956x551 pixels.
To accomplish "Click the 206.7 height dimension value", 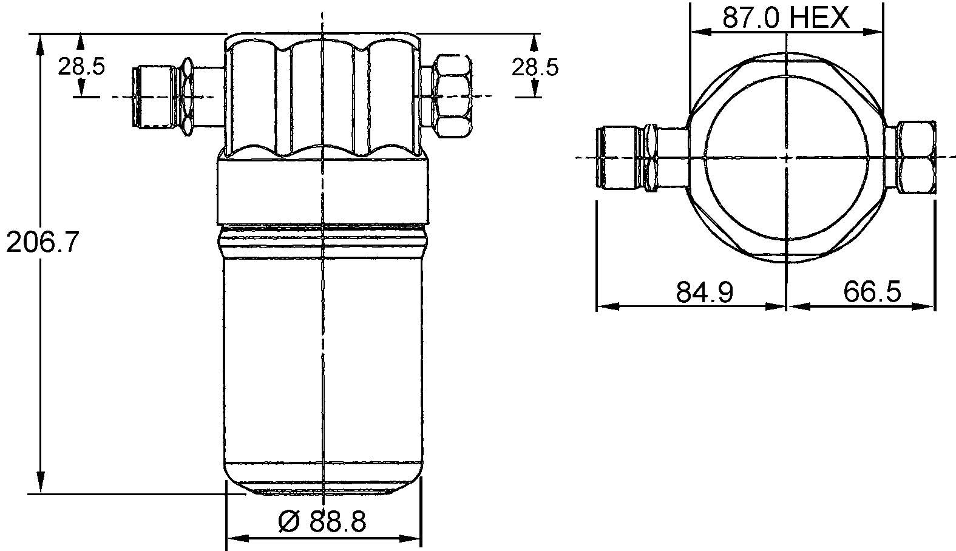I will (x=42, y=243).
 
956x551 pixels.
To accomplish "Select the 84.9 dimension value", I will (x=705, y=293).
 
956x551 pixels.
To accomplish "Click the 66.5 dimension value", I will (x=872, y=293).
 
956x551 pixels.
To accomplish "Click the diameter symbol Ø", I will (x=289, y=521).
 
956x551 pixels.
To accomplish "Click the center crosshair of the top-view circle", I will (x=786, y=157).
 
